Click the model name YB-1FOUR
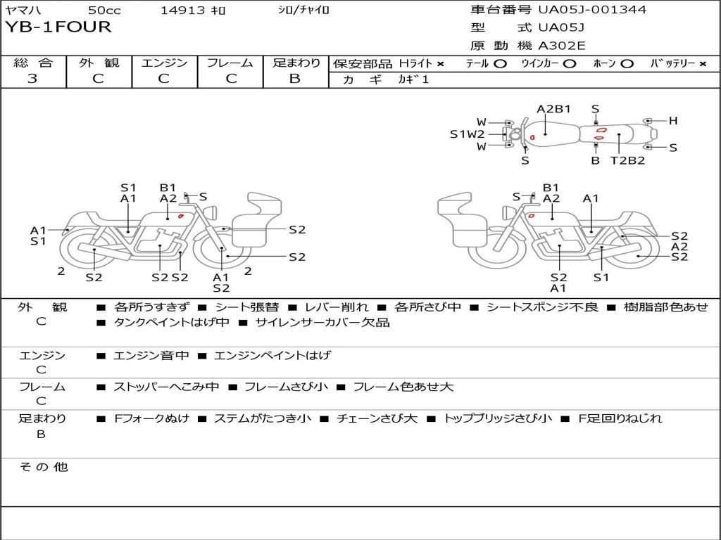click(x=58, y=27)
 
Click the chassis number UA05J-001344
click(x=592, y=9)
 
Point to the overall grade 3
click(x=32, y=79)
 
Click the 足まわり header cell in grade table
click(x=296, y=63)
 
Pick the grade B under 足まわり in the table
click(x=295, y=79)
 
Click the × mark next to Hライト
click(x=441, y=64)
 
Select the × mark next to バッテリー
click(x=703, y=64)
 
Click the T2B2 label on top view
click(x=627, y=161)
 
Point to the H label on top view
click(x=673, y=121)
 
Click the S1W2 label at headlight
click(x=468, y=134)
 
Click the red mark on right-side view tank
click(x=531, y=216)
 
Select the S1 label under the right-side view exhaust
click(x=601, y=277)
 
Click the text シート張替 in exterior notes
click(x=247, y=307)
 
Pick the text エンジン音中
click(x=151, y=355)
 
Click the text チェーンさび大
click(x=377, y=418)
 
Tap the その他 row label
click(x=43, y=467)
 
